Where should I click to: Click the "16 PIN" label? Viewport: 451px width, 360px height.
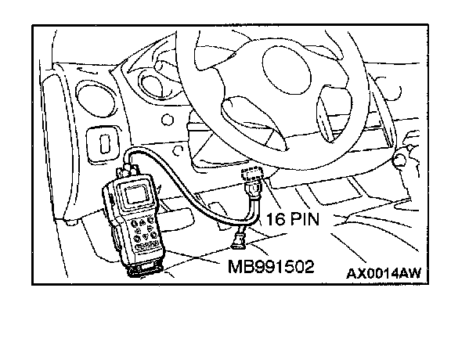coord(293,219)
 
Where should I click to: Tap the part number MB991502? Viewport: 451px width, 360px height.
coord(271,267)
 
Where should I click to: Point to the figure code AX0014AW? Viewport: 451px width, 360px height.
coord(384,273)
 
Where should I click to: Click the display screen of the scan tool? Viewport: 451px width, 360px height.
coord(136,194)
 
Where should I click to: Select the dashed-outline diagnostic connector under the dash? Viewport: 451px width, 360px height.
coord(251,174)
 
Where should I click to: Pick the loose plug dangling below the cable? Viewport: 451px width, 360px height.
coord(239,239)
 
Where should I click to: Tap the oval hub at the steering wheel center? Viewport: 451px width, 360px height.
coord(287,70)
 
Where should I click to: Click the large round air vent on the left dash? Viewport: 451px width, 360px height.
coord(96,99)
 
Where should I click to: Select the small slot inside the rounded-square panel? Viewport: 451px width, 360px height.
coord(105,144)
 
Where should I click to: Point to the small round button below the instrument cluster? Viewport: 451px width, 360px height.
coord(168,120)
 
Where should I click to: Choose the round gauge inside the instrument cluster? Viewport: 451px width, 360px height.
coord(151,84)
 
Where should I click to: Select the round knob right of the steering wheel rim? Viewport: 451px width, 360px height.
coord(400,160)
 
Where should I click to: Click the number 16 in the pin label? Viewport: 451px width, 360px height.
coord(276,219)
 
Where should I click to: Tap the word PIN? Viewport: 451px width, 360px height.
coord(305,219)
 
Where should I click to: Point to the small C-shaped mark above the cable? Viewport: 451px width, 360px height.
coord(179,150)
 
